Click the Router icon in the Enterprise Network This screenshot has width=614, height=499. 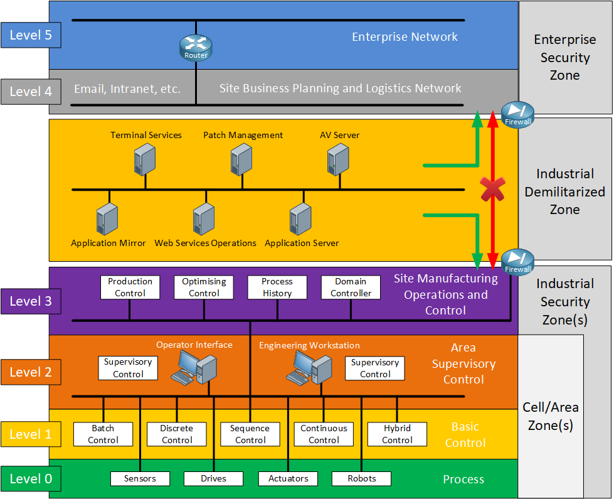(196, 47)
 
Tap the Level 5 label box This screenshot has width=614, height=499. (31, 35)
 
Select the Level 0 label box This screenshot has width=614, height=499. (31, 479)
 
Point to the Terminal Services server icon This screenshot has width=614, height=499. (145, 159)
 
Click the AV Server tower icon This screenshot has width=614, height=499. (338, 159)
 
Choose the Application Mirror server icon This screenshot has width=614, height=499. (108, 219)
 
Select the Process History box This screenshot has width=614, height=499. (277, 287)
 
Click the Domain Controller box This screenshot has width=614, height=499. (351, 287)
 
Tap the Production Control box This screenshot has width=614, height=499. (130, 287)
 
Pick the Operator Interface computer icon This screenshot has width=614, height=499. (194, 368)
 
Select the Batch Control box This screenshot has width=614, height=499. (103, 434)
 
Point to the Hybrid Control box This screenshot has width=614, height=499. (397, 434)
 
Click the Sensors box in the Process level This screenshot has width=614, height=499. (140, 478)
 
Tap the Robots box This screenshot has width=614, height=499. (362, 478)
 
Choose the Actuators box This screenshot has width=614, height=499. (288, 478)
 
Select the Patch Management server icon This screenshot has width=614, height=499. (241, 159)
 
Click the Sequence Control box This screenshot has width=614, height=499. (250, 434)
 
